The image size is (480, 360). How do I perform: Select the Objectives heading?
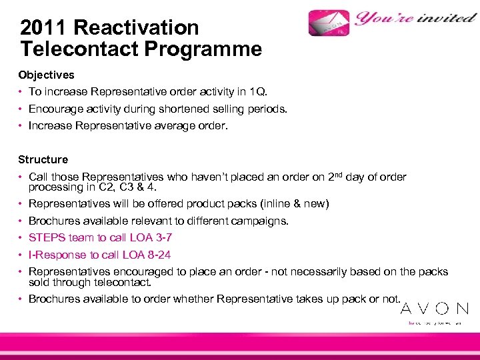(46, 75)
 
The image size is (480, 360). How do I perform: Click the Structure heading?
(43, 159)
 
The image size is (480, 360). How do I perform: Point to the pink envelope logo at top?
(329, 23)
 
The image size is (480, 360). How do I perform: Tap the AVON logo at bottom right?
(434, 309)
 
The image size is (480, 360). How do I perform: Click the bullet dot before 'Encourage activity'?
(21, 108)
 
